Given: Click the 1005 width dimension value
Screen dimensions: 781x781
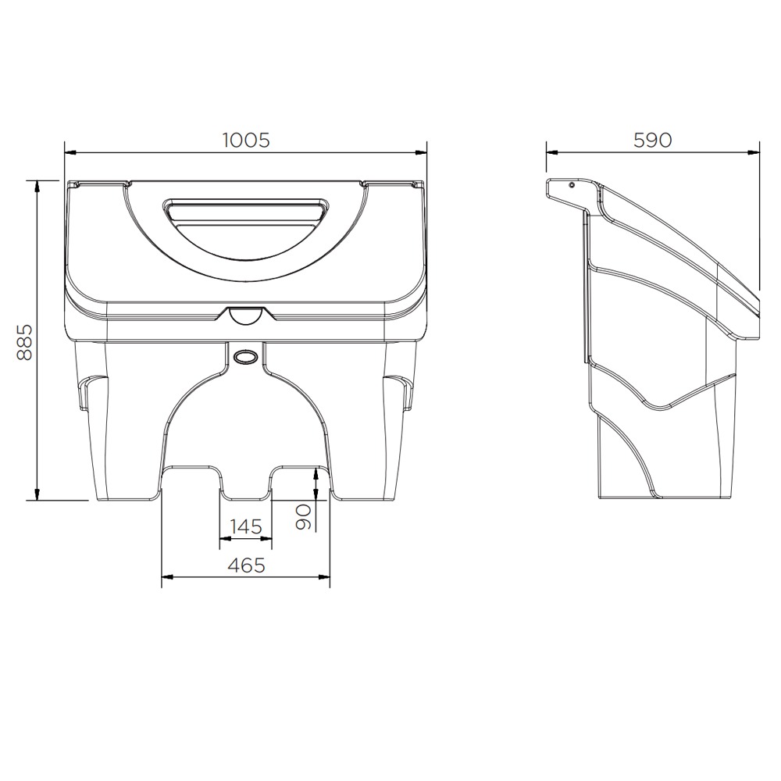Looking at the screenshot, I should (x=246, y=140).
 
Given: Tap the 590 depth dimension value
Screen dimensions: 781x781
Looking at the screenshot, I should (x=652, y=140).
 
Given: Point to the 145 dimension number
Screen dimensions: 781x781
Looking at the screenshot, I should (x=246, y=526).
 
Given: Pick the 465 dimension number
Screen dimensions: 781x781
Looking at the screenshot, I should (x=246, y=565).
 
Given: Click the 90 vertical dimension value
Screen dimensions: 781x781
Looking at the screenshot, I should (x=304, y=516).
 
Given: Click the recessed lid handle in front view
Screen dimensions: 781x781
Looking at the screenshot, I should (x=246, y=210).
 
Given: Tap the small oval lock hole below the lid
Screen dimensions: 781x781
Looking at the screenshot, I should (x=246, y=355).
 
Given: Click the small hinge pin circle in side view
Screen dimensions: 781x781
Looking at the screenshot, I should (x=572, y=186).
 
